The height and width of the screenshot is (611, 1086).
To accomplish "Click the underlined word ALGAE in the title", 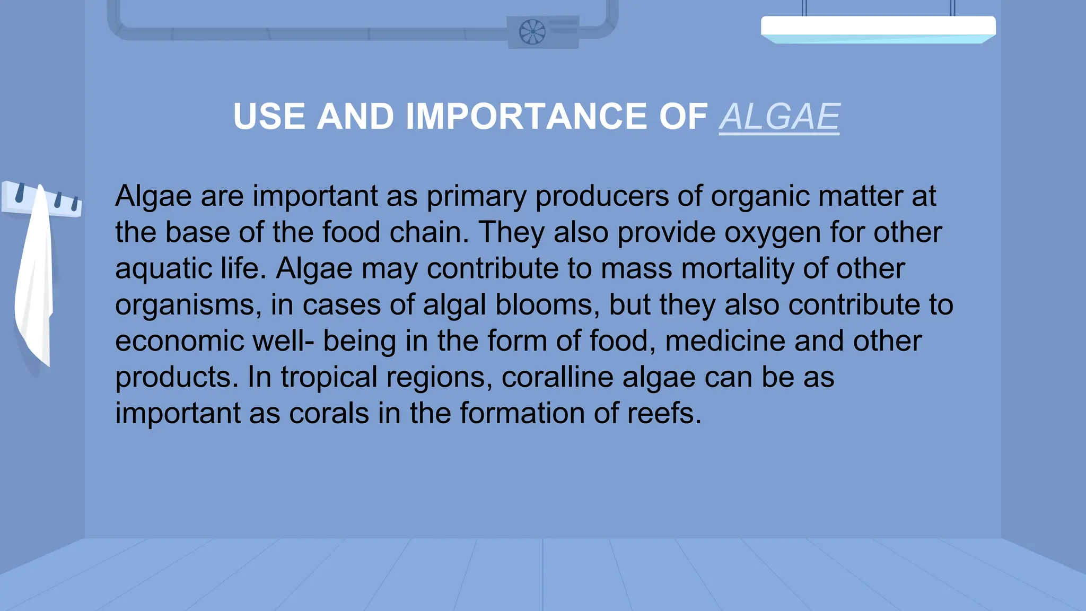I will [779, 117].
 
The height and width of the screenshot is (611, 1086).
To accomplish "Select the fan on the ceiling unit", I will [532, 32].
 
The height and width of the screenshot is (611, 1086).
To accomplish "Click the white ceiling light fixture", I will [878, 28].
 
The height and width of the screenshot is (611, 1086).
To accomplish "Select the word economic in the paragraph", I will [179, 341].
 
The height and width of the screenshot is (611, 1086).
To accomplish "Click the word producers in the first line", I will [601, 196].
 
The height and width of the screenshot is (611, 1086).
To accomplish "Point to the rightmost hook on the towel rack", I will [74, 203].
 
